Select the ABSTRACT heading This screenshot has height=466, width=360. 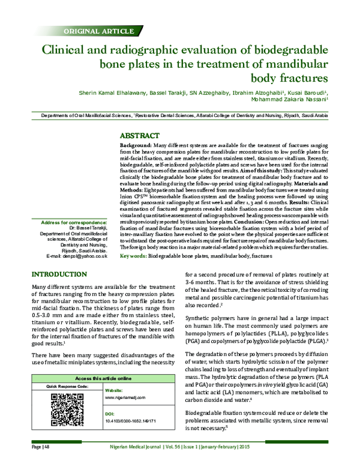click(140, 136)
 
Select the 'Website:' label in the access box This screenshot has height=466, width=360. click(114, 389)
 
